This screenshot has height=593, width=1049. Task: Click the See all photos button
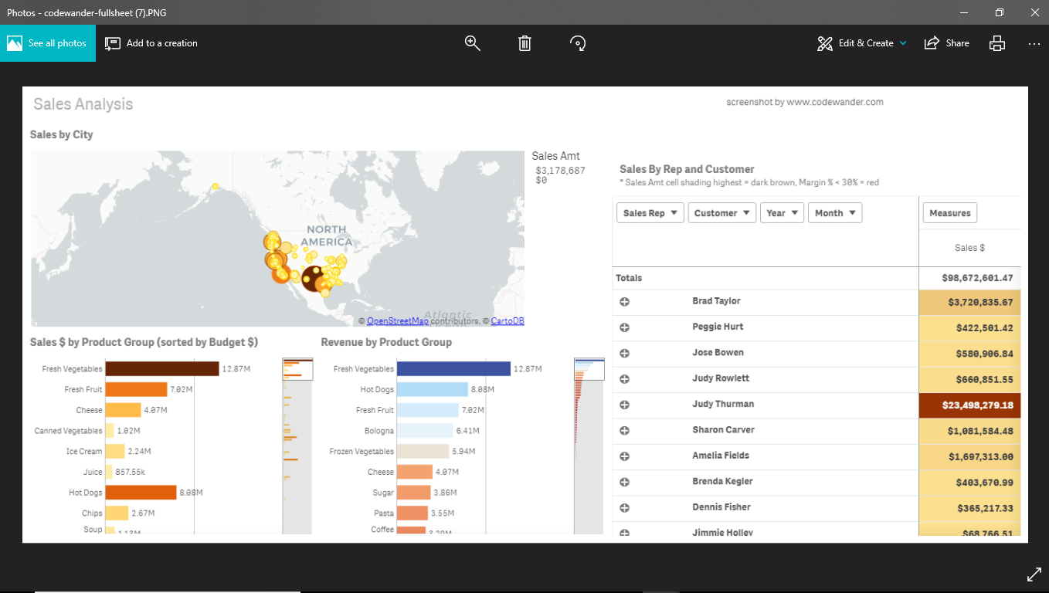(x=48, y=43)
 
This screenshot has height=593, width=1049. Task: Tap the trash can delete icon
(x=524, y=43)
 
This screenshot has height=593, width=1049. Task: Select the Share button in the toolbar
(x=947, y=43)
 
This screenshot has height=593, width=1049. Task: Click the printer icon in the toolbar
(x=997, y=43)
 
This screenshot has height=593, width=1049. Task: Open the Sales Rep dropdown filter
(x=650, y=213)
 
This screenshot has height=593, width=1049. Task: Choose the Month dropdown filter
(x=834, y=213)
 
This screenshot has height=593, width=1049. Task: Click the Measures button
(x=949, y=213)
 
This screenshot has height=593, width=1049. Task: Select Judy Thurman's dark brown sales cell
(x=969, y=405)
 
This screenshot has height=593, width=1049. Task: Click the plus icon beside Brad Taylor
(x=624, y=302)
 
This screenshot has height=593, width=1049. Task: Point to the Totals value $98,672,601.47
(x=977, y=278)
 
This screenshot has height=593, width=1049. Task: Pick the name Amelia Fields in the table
(x=720, y=456)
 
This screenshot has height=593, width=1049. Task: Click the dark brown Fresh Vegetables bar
(x=162, y=369)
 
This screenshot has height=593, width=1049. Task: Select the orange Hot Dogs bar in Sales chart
(x=141, y=493)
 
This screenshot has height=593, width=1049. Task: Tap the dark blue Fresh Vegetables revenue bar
(x=453, y=369)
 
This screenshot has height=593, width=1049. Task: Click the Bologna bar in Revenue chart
(x=425, y=431)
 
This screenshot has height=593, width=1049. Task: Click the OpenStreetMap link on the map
(x=397, y=321)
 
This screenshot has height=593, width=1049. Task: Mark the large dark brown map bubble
(x=313, y=278)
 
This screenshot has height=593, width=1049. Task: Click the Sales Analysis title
(x=83, y=104)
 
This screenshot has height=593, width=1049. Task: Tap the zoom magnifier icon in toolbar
(x=473, y=43)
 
